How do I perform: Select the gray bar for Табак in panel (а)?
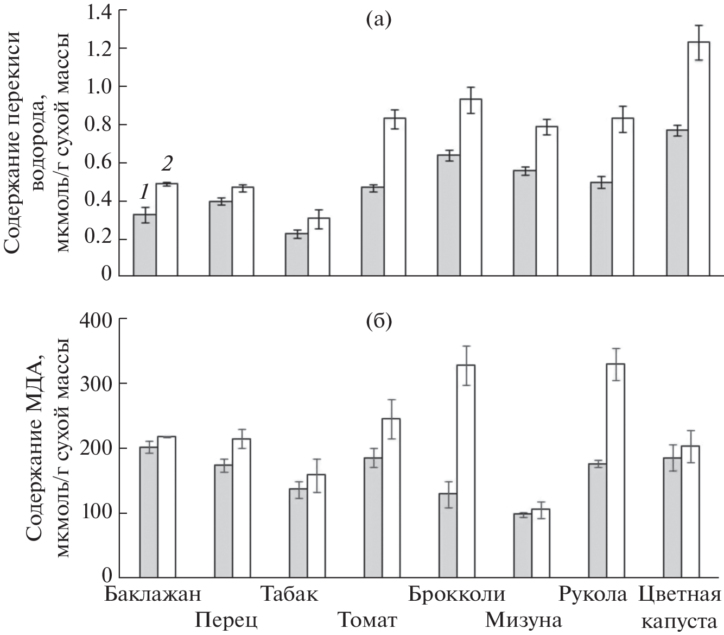click(297, 254)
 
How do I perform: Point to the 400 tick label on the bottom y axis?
click(96, 319)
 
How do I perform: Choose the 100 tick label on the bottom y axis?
click(96, 513)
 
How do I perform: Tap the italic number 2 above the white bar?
click(167, 163)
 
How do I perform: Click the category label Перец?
click(226, 620)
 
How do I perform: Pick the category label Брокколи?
click(456, 594)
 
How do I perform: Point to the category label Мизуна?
click(523, 620)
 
